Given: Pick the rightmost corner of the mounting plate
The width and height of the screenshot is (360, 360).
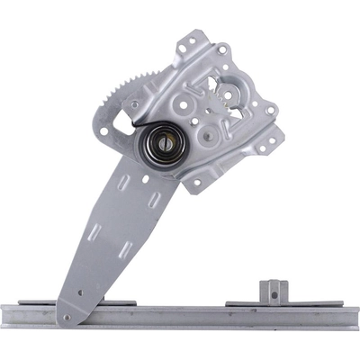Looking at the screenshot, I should pyautogui.click(x=278, y=135).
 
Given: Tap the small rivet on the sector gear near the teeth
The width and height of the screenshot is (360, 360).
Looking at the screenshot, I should pyautogui.click(x=133, y=104).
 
